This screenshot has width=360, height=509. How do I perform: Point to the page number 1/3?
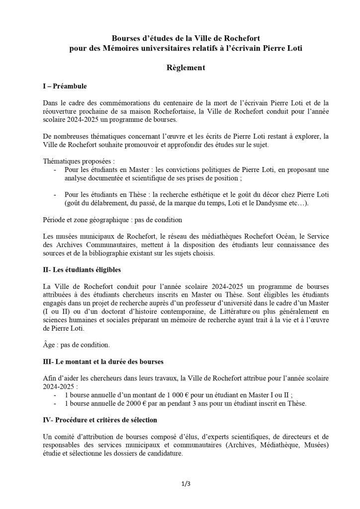point(185,483)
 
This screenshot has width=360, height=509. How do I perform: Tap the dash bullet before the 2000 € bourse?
point(55,404)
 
